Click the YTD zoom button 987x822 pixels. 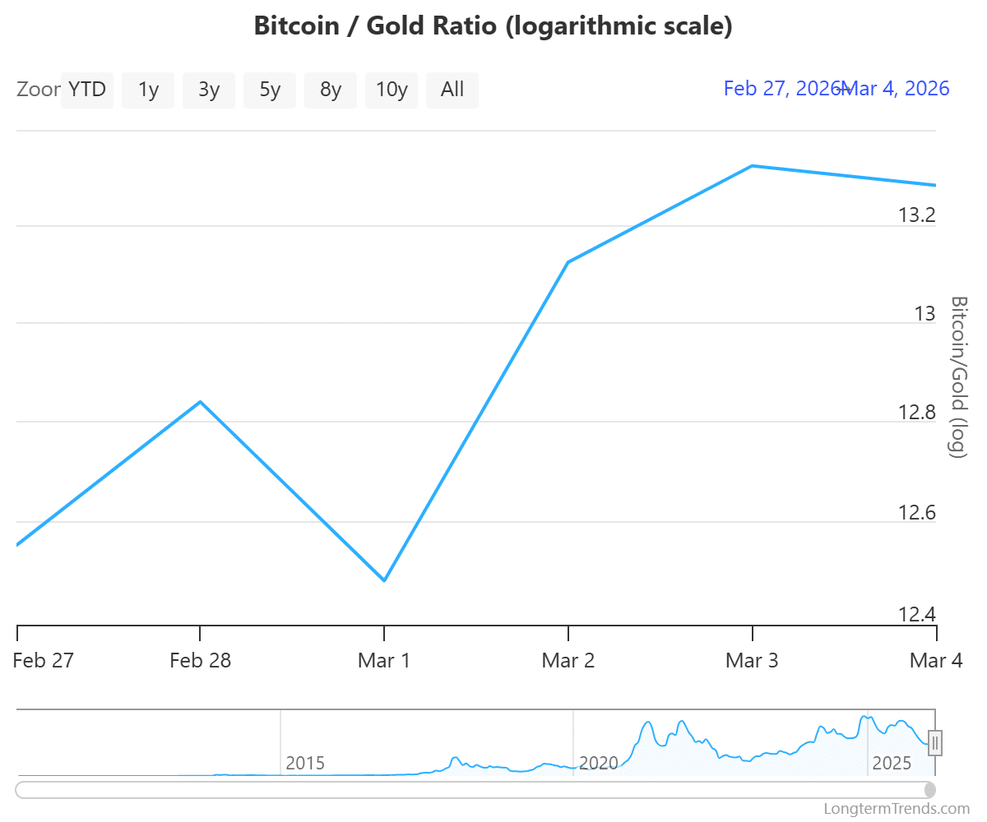click(x=87, y=90)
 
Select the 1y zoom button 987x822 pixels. click(x=148, y=90)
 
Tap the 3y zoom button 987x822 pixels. click(x=209, y=90)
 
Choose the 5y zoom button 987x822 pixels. click(x=270, y=90)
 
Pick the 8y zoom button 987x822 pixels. click(x=331, y=90)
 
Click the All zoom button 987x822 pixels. click(x=452, y=90)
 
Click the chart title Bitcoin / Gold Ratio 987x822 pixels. click(x=493, y=25)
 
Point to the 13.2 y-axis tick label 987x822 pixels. click(x=916, y=215)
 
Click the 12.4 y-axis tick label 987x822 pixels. click(x=916, y=615)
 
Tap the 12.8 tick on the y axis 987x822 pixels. click(x=916, y=412)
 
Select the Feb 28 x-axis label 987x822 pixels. click(x=201, y=661)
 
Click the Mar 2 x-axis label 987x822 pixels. click(x=568, y=661)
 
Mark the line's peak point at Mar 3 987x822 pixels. click(x=752, y=166)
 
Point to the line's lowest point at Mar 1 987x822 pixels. click(x=385, y=581)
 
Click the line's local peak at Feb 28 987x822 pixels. click(x=201, y=402)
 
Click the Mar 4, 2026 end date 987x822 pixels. click(x=897, y=89)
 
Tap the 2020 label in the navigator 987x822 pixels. click(x=598, y=763)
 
